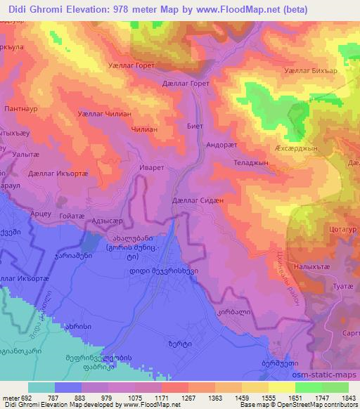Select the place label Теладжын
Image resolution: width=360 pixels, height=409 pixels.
click(252, 162)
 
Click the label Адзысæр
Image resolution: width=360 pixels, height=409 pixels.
click(108, 219)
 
